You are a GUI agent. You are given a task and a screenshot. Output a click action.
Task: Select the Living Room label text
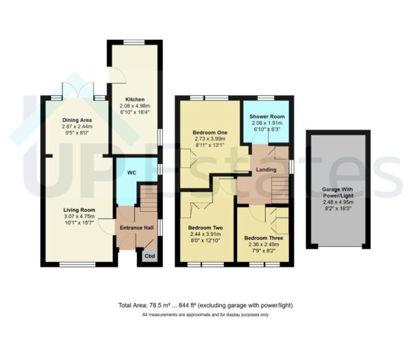click(79, 210)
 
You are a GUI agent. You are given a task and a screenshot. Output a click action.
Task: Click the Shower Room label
click(266, 115)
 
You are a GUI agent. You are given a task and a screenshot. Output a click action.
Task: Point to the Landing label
click(265, 169)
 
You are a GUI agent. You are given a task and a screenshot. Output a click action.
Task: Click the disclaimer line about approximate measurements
click(206, 315)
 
